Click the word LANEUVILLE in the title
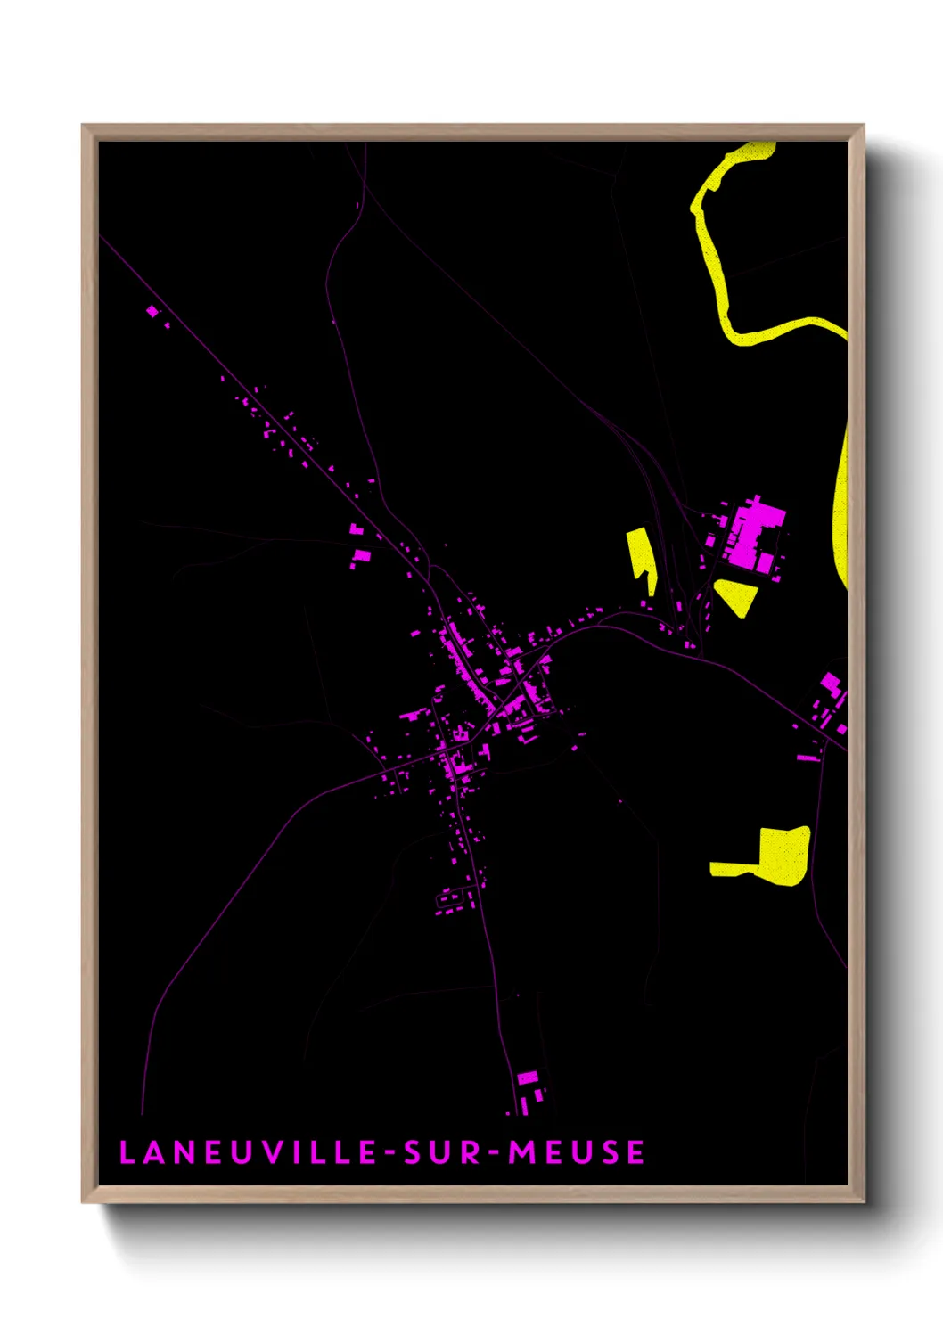248,1152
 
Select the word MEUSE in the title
577,1152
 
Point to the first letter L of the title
126,1152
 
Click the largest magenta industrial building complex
753,535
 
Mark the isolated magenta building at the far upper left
152,311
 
